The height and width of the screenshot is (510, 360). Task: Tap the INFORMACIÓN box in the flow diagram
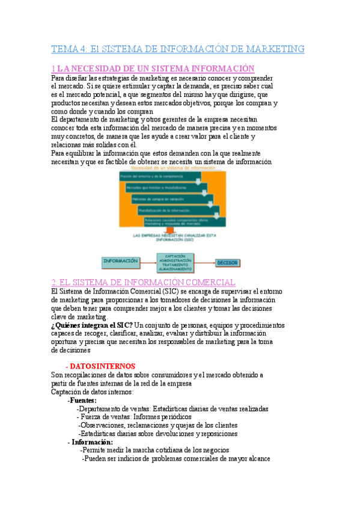point(120,262)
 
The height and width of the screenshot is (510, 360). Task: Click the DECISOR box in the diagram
point(228,263)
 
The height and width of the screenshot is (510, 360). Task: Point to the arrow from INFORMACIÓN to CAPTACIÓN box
point(148,262)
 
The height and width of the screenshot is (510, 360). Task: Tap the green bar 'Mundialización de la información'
point(174,210)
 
